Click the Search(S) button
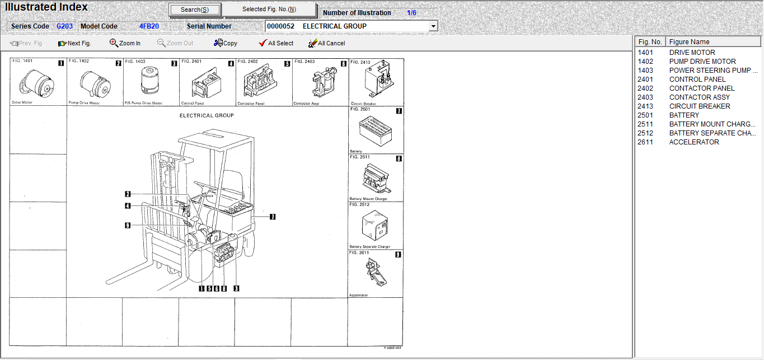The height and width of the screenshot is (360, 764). (x=195, y=10)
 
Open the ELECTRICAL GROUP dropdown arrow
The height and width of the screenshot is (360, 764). (x=433, y=26)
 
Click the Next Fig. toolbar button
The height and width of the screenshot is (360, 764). (x=74, y=43)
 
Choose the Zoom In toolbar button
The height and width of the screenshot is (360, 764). (x=125, y=43)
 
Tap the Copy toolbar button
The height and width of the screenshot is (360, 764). (x=226, y=43)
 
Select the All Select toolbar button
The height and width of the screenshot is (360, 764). (x=276, y=43)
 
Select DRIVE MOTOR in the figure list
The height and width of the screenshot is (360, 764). (x=692, y=53)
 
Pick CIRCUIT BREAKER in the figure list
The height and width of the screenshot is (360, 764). (x=700, y=106)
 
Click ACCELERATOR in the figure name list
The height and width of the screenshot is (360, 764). (x=694, y=142)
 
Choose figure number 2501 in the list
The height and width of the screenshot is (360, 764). (x=645, y=115)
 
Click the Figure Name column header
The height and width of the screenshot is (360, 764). (x=689, y=42)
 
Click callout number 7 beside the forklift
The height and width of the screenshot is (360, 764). (x=273, y=217)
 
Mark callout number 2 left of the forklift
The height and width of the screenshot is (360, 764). (x=128, y=194)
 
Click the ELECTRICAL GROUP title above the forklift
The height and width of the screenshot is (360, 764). (x=207, y=116)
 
